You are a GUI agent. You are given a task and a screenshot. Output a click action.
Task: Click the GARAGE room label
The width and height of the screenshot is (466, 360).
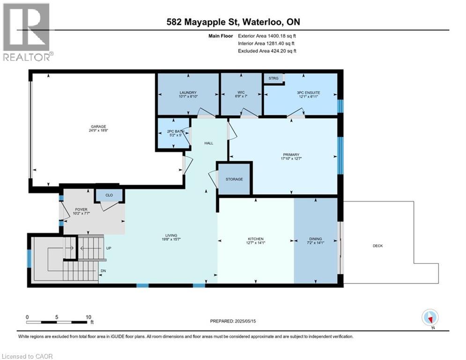(98, 126)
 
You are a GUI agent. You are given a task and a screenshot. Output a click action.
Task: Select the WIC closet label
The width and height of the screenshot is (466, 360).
(241, 93)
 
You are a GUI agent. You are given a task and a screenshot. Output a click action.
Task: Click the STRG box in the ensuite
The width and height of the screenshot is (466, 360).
(274, 78)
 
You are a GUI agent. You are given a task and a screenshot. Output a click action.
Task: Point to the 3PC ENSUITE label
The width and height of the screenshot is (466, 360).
(308, 93)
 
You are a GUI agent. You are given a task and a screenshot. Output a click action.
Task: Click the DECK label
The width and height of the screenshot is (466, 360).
(377, 246)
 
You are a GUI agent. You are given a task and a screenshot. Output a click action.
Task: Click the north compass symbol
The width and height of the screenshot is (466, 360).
(429, 318)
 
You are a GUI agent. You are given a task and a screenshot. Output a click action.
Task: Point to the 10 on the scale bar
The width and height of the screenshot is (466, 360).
(89, 317)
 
